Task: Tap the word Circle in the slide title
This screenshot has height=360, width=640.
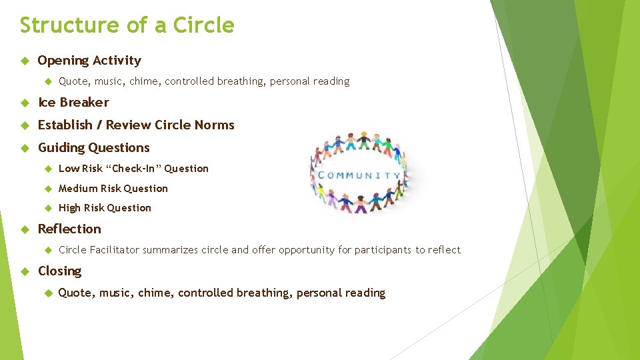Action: coord(203,25)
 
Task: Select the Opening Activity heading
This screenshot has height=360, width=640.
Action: coord(89,61)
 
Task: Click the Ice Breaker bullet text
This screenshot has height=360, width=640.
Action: coord(73,103)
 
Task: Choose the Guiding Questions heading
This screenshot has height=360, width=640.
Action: coord(94,148)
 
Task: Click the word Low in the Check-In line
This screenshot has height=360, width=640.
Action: coord(69,169)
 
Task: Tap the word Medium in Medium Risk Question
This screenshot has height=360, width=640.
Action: coord(78,189)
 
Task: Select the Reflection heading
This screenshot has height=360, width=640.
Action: coord(69,229)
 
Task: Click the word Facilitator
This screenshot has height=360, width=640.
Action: coord(115,250)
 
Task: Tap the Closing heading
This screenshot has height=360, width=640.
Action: coord(60,271)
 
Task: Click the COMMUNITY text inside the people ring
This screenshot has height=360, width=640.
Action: coord(360,176)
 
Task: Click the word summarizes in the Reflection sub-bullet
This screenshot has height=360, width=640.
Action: coord(175,250)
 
